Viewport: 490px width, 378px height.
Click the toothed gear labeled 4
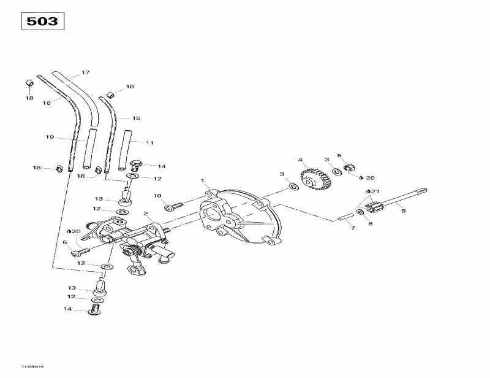point(314,179)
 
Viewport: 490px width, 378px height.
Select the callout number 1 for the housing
point(203,181)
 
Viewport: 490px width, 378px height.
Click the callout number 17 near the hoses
point(85,72)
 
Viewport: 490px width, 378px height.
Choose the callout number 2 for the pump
point(146,214)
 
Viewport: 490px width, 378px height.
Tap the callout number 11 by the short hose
point(149,142)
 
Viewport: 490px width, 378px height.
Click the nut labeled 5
point(350,167)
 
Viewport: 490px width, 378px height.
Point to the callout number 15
point(136,118)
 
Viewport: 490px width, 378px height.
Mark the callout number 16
point(47,103)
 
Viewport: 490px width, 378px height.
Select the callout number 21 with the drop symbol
point(375,191)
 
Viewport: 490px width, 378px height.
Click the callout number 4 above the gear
point(301,161)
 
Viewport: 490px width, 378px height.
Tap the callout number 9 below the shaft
point(403,211)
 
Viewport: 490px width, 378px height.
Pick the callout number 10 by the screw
point(157,196)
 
